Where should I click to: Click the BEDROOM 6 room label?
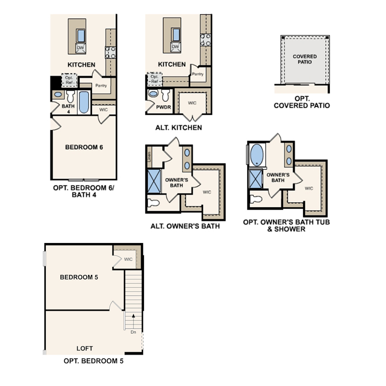pos(84,147)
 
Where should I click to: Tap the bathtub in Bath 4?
pos(84,102)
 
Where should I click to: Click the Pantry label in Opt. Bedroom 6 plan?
pos(101,86)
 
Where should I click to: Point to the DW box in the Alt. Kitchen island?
pos(175,47)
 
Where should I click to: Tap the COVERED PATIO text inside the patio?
pos(305,60)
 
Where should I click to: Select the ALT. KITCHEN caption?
pos(178,128)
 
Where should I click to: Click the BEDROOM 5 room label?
pos(79,277)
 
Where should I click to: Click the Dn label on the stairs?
pos(133,332)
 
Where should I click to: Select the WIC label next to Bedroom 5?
pos(128,260)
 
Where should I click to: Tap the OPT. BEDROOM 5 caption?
pos(93,361)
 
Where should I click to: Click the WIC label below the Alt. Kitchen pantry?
pos(192,102)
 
